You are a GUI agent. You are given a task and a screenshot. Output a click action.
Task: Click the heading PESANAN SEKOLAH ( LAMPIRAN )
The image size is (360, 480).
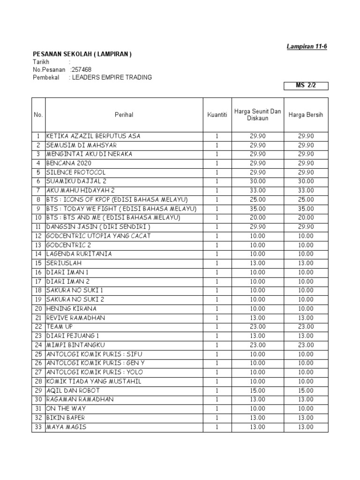pyautogui.click(x=82, y=54)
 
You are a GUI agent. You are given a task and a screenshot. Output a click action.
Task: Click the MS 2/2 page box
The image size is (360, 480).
pyautogui.click(x=306, y=86)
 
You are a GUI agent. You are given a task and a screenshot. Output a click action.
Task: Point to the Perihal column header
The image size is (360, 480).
pyautogui.click(x=124, y=115)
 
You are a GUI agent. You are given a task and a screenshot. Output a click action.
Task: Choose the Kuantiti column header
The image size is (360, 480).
pyautogui.click(x=217, y=115)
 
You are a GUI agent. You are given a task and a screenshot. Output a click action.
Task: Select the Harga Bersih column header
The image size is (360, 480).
pyautogui.click(x=306, y=115)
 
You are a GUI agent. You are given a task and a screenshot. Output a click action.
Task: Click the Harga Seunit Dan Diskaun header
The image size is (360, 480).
pyautogui.click(x=257, y=115)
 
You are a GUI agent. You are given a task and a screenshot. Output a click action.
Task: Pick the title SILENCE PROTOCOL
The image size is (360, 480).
pyautogui.click(x=76, y=172)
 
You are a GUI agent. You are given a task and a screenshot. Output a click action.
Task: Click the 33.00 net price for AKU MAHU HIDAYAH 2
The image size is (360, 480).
pyautogui.click(x=306, y=190)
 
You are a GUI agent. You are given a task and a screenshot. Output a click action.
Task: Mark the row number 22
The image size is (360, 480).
pyautogui.click(x=38, y=327)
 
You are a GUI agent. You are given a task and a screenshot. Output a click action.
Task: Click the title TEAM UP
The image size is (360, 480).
pyautogui.click(x=59, y=327)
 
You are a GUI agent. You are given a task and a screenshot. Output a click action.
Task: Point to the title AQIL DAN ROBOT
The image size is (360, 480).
pyautogui.click(x=73, y=390)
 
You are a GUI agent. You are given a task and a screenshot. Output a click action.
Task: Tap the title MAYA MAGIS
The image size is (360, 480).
pyautogui.click(x=66, y=427)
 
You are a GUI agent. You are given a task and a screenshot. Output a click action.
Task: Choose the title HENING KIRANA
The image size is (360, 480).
pyautogui.click(x=71, y=308)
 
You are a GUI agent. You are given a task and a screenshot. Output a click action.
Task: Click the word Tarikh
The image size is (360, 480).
pyautogui.click(x=41, y=62)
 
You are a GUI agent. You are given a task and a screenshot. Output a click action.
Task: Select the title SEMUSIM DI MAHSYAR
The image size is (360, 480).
pyautogui.click(x=81, y=145)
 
